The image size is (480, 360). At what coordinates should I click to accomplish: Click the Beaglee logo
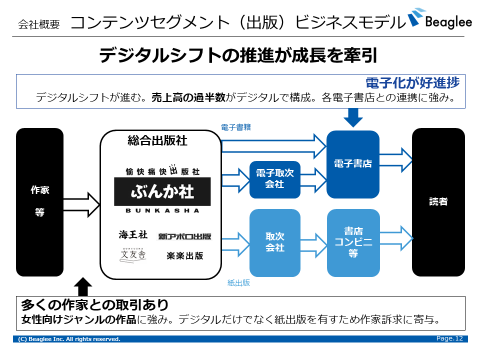(439, 20)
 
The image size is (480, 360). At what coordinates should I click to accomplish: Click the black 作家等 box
(40, 202)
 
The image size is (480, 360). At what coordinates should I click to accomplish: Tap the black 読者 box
(438, 202)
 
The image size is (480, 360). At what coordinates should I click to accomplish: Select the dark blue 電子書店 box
(353, 164)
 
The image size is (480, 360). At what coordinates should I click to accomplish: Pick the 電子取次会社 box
(275, 179)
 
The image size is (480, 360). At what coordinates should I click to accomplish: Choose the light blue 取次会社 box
(275, 242)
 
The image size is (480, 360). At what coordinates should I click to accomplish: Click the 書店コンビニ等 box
(353, 242)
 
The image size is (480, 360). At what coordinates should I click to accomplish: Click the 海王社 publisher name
(133, 234)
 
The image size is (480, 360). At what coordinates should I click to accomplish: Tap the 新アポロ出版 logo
(184, 236)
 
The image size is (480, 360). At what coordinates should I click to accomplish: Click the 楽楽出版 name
(184, 255)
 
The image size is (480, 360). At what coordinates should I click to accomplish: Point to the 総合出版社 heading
(157, 141)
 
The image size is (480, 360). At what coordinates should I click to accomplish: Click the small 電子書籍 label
(236, 127)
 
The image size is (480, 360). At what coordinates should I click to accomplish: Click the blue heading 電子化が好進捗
(412, 82)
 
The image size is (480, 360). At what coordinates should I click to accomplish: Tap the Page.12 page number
(449, 339)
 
